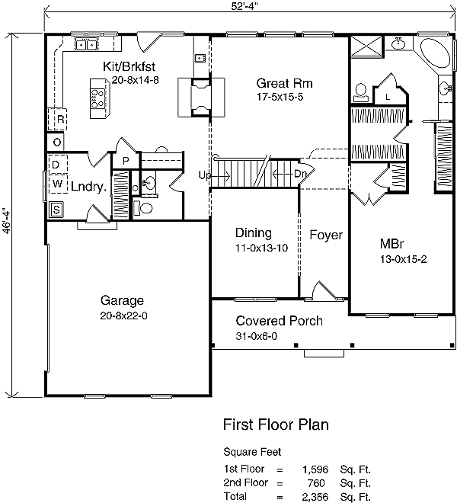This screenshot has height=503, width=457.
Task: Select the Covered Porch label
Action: [x=278, y=321]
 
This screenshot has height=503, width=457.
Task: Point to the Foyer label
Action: [x=325, y=235]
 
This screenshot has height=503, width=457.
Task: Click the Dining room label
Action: [x=254, y=233]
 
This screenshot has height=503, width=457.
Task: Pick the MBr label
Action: [x=391, y=245]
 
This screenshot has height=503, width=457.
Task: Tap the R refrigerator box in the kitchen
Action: [x=58, y=120]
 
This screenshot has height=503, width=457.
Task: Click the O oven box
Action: [x=57, y=142]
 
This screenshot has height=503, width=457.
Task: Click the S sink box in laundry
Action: [x=56, y=210]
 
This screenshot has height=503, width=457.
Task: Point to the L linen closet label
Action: [x=388, y=97]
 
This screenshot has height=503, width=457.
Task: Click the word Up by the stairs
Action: [x=205, y=175]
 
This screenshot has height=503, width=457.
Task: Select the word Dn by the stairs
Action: [x=300, y=175]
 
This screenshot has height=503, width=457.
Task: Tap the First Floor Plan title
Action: [x=276, y=424]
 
